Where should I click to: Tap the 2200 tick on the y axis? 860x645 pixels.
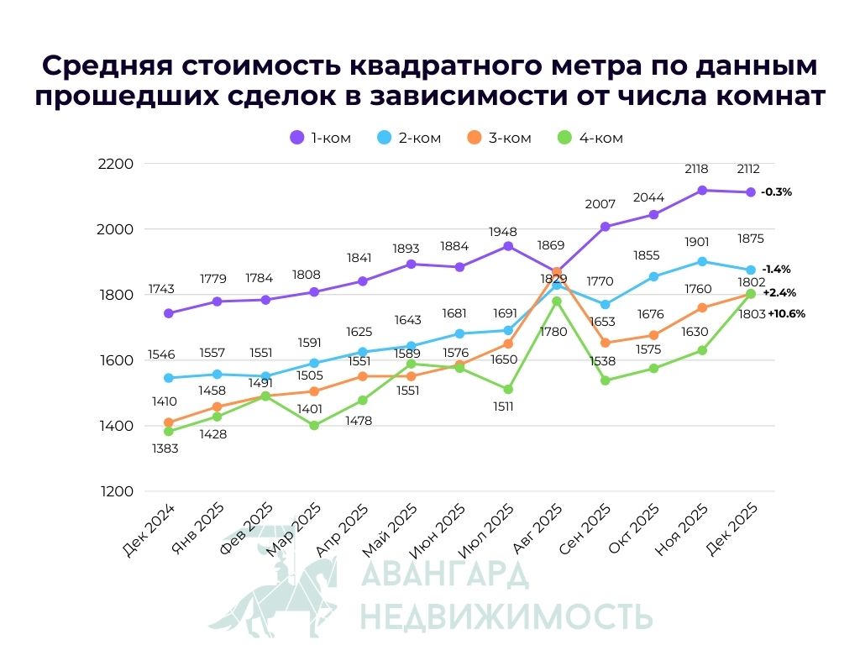[x=116, y=164]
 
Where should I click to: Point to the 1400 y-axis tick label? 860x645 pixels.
[x=116, y=426]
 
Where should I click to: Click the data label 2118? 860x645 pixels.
[x=696, y=169]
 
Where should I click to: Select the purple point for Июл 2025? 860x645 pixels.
[x=508, y=247]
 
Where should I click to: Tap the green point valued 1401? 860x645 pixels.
[x=314, y=426]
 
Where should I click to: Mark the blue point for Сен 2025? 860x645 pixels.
[x=605, y=305]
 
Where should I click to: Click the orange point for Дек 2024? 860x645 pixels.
[x=169, y=422]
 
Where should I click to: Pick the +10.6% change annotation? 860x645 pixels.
[x=786, y=313]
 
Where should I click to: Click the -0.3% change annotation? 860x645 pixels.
[x=776, y=192]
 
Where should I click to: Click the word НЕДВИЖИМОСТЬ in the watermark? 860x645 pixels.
[x=506, y=616]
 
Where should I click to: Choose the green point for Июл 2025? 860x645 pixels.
[x=508, y=390]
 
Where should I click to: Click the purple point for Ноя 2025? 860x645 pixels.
[x=702, y=191]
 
